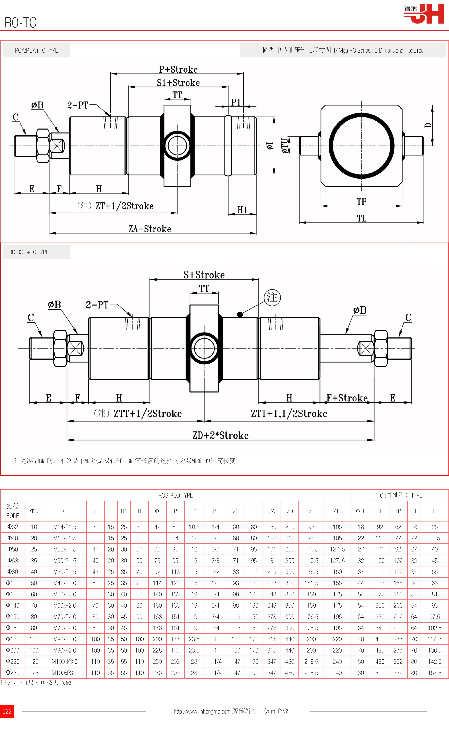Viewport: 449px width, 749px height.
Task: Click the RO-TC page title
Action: click(21, 23)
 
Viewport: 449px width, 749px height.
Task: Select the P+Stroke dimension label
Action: click(178, 70)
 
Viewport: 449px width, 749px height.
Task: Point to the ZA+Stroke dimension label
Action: click(150, 229)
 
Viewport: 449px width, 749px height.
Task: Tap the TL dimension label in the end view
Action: click(362, 218)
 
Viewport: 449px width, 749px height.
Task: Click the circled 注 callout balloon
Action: click(272, 297)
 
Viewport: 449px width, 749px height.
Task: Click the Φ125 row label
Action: click(13, 594)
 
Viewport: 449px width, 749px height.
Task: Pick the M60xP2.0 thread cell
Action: click(64, 605)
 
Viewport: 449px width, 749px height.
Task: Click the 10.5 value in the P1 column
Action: click(194, 527)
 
